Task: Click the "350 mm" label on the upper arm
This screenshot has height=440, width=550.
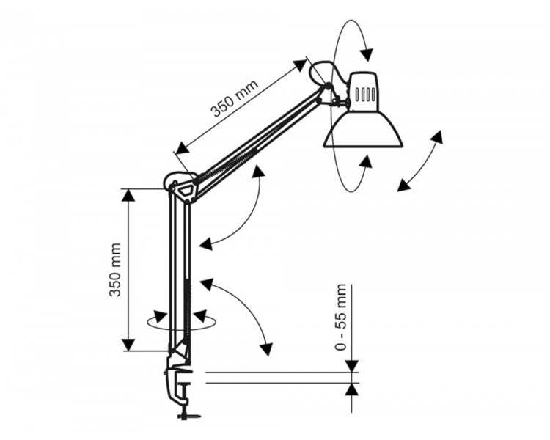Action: (x=235, y=98)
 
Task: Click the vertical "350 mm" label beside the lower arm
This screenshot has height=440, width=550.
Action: (x=115, y=270)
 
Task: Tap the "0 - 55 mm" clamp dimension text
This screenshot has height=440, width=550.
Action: (x=340, y=318)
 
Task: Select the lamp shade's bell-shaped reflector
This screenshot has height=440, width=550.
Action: (x=363, y=130)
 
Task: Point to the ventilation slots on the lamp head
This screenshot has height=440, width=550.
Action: (x=365, y=94)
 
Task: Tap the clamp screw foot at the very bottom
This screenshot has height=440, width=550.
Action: (x=188, y=416)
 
